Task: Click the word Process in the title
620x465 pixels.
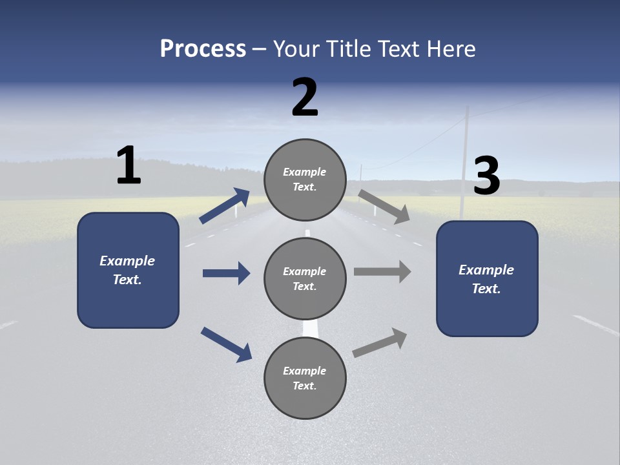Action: click(203, 48)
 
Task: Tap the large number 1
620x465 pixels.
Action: click(129, 165)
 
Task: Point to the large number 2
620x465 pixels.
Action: click(305, 98)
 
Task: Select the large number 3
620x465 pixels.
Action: click(486, 176)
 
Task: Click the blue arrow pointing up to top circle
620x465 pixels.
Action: click(225, 206)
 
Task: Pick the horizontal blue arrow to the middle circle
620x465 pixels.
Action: click(226, 273)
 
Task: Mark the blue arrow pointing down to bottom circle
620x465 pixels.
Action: click(226, 344)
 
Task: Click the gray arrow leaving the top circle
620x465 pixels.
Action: click(384, 206)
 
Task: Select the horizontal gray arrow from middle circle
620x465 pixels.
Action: click(382, 272)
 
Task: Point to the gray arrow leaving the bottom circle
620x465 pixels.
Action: click(380, 342)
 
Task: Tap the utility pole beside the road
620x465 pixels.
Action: click(464, 161)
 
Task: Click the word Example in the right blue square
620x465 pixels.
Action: click(486, 270)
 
